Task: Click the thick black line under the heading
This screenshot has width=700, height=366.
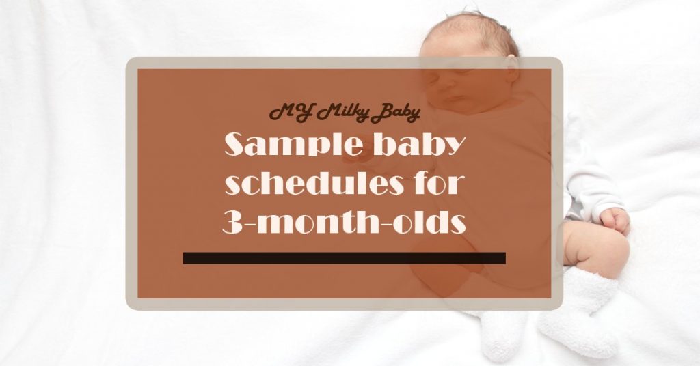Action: point(345,258)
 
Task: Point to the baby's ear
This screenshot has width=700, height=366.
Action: point(511,68)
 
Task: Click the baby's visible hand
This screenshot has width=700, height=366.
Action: point(615,221)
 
